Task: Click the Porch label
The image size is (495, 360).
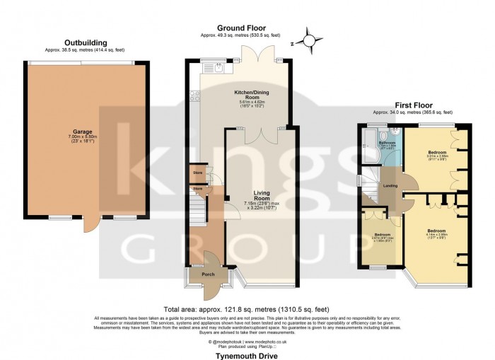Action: point(209,274)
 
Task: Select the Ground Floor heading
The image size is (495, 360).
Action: point(240,27)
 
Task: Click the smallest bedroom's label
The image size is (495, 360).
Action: point(383,236)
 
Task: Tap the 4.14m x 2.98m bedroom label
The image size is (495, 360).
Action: point(436,233)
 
